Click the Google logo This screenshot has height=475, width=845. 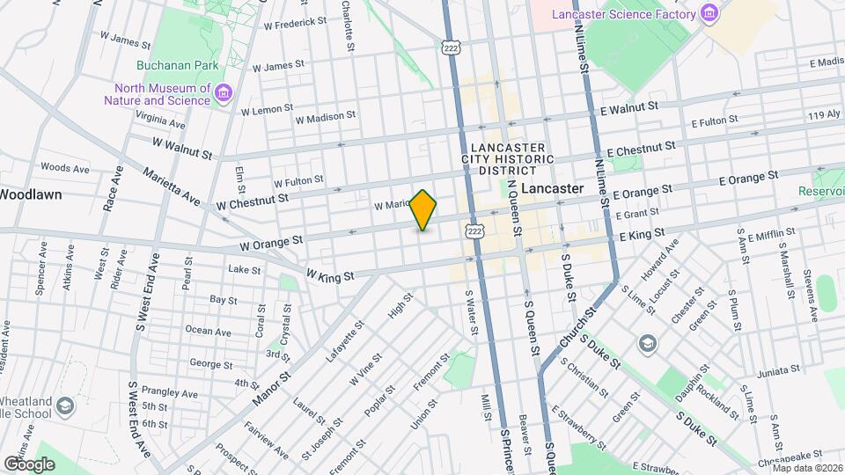coord(29,464)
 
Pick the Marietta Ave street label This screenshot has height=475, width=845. coord(172,186)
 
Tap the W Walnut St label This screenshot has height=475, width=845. coord(182,147)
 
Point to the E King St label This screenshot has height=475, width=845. coord(642,235)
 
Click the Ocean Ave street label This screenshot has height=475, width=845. coord(209,332)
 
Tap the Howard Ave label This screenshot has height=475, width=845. coord(659,259)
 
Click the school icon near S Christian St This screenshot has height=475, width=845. coord(647,343)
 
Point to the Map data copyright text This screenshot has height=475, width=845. coord(807,467)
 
